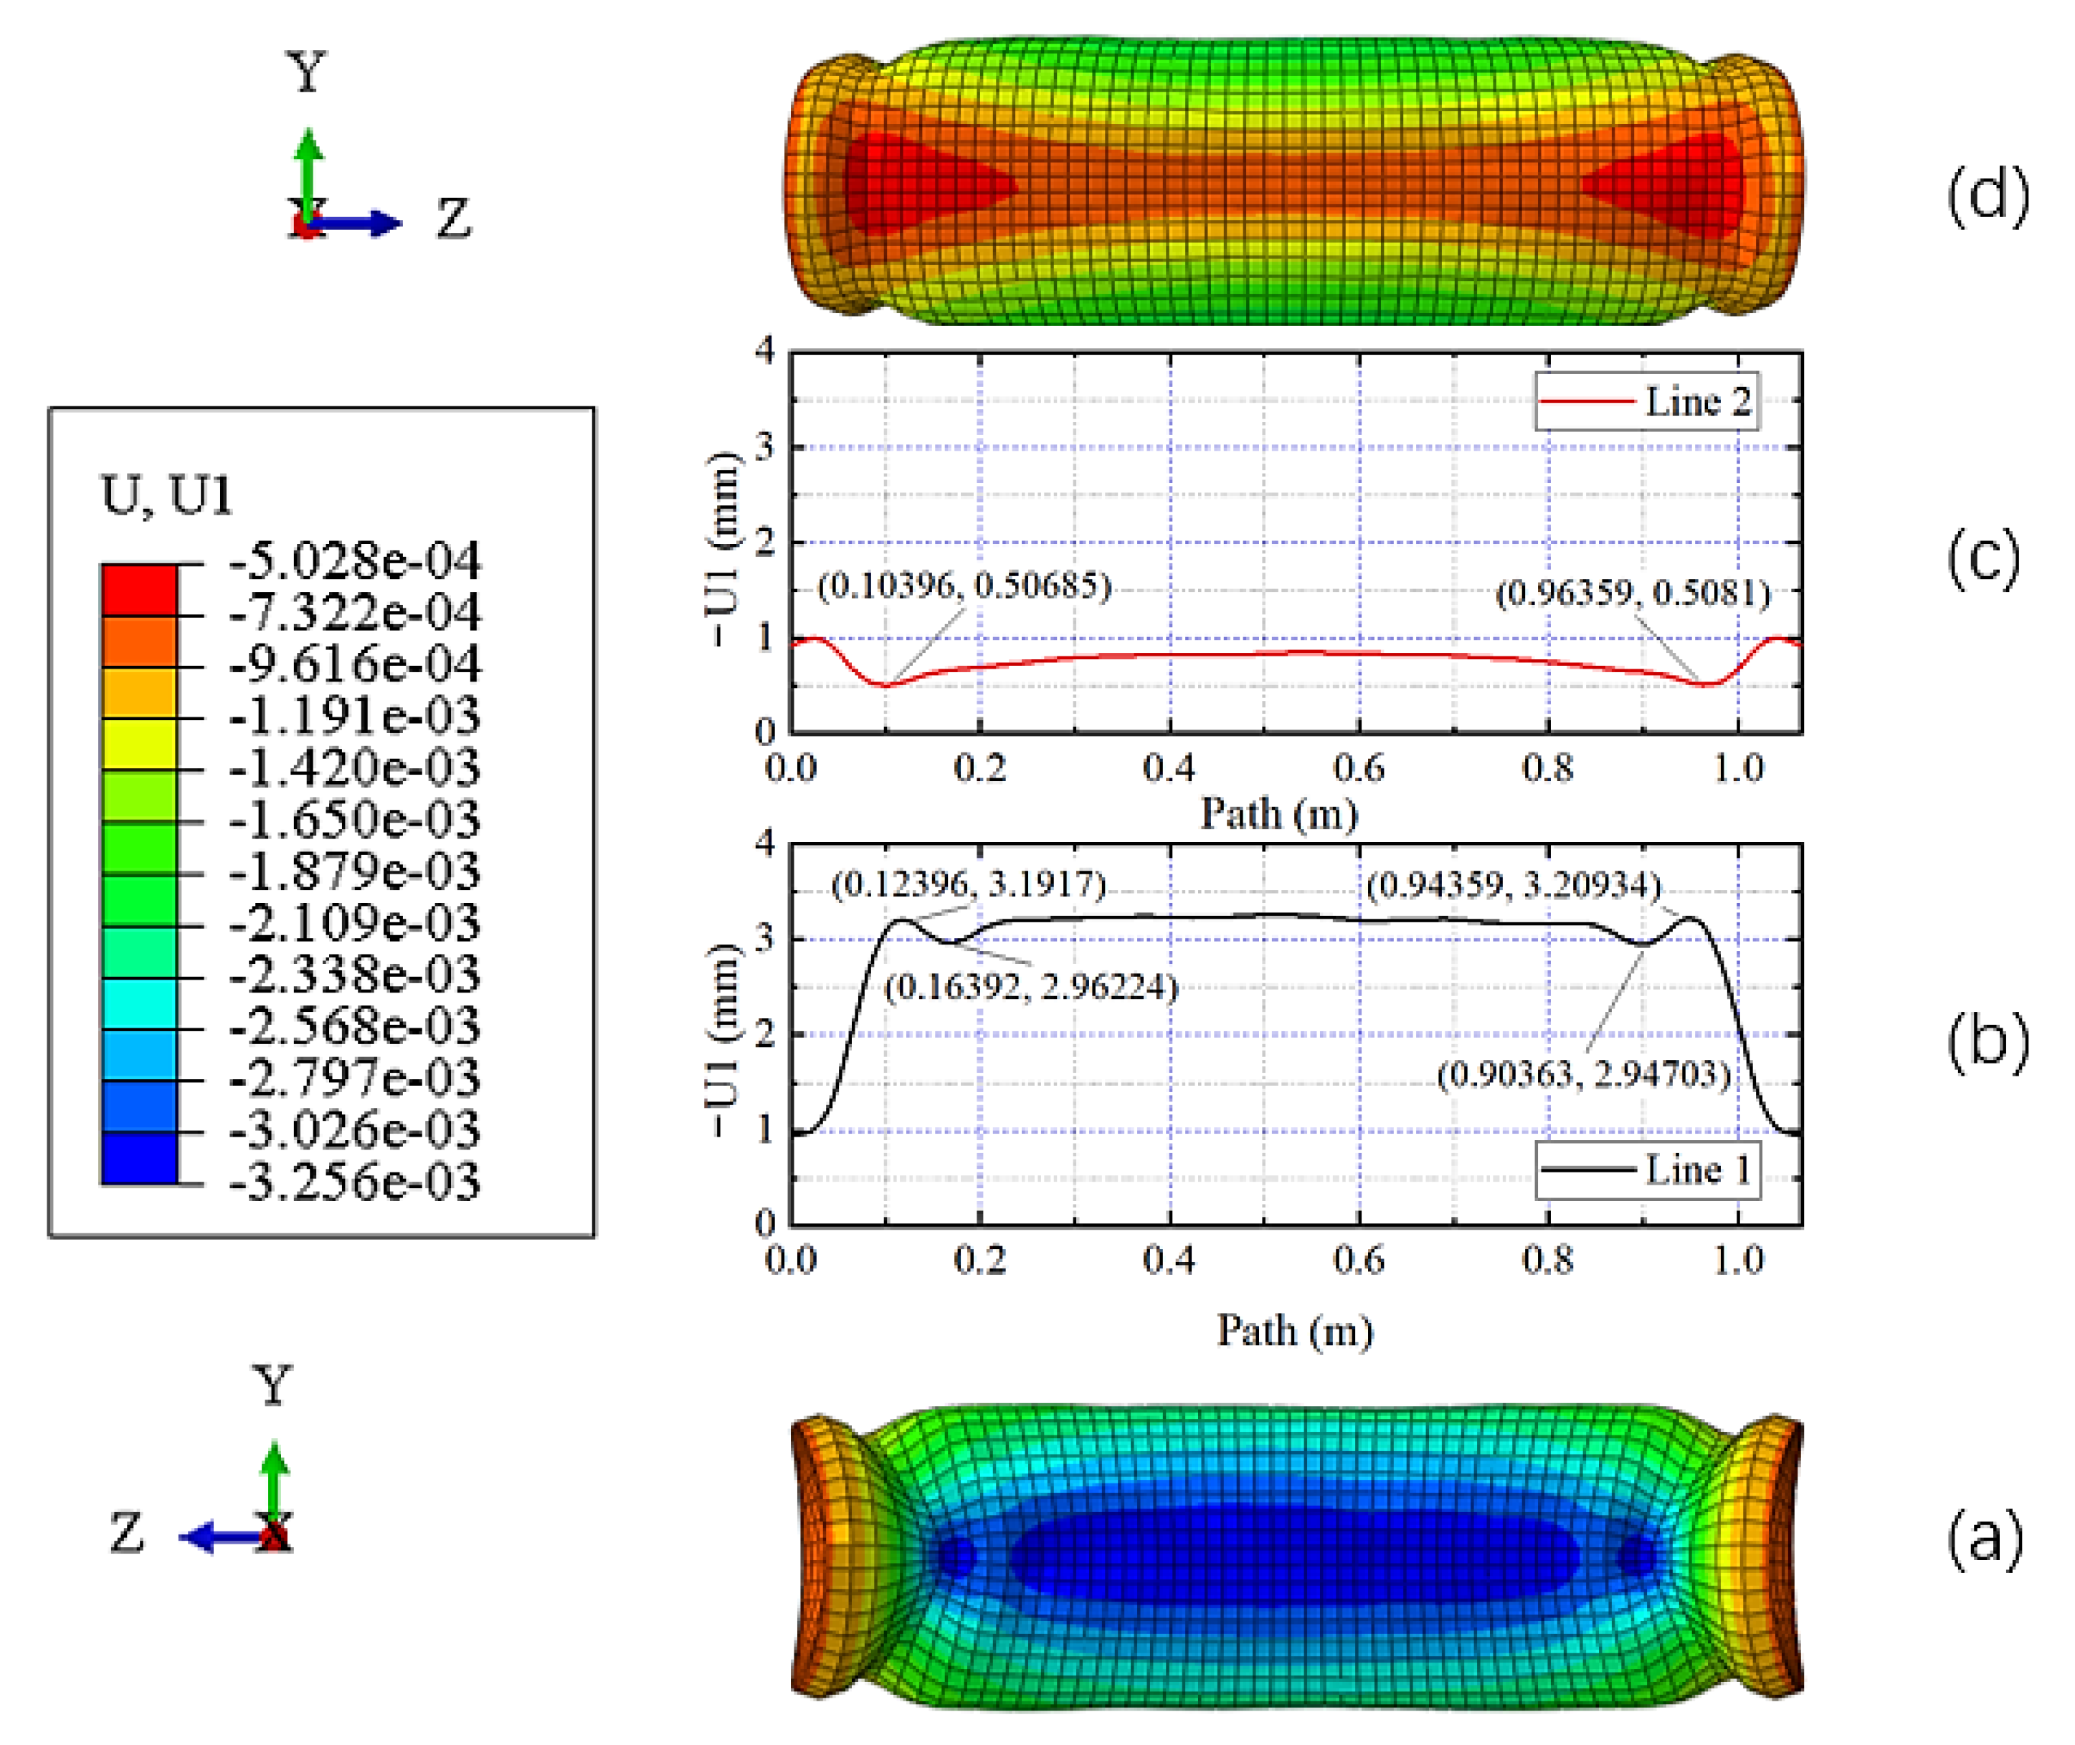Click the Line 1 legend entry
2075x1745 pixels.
(x=1648, y=1170)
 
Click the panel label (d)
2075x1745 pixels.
(x=1987, y=195)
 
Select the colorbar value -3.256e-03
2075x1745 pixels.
(x=355, y=1182)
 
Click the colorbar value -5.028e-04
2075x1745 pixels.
(x=355, y=561)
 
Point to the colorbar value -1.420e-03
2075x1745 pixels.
(x=355, y=768)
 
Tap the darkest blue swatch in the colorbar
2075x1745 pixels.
(x=140, y=1157)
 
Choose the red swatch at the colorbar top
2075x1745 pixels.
(x=140, y=590)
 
